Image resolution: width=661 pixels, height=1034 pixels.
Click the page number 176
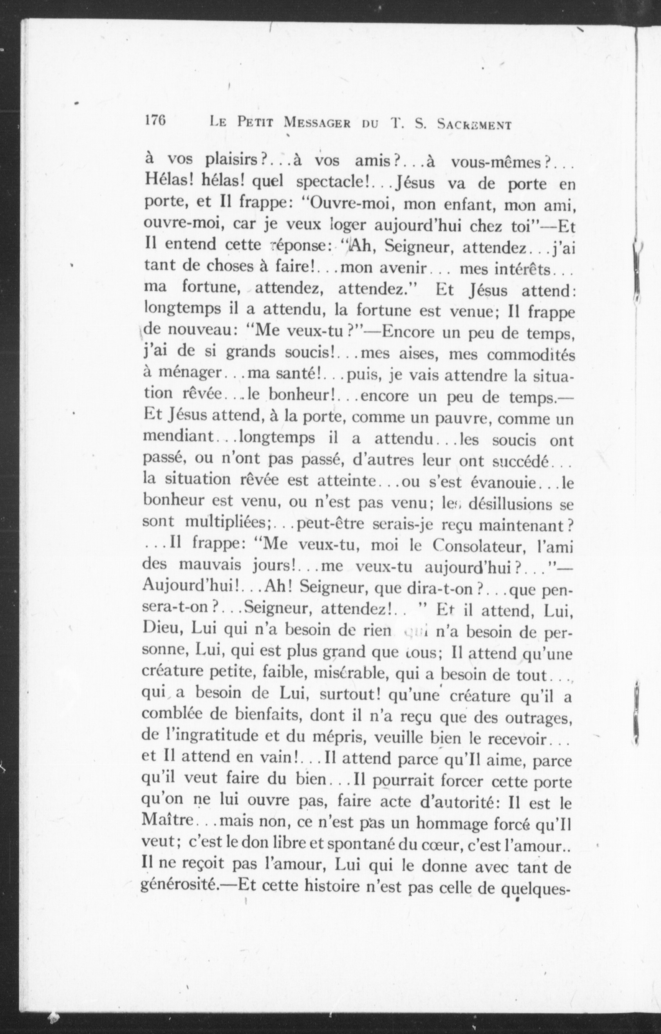tap(155, 121)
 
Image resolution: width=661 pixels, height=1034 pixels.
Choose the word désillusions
tap(510, 504)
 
